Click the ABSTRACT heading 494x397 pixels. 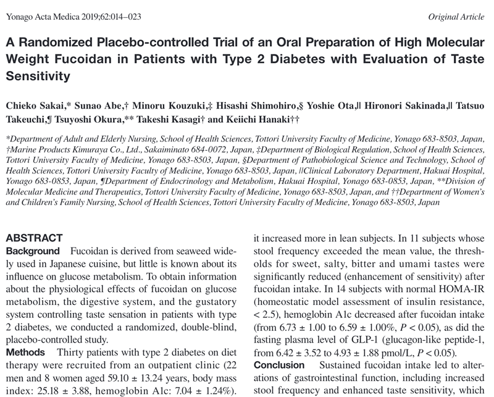click(34, 238)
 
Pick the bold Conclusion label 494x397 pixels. click(279, 366)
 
